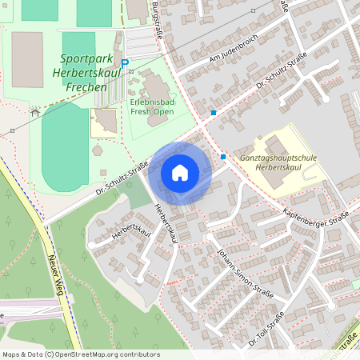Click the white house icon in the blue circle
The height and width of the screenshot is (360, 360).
click(180, 173)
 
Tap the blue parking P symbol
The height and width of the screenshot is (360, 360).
click(124, 63)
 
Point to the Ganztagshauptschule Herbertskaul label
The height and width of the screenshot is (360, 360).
click(278, 163)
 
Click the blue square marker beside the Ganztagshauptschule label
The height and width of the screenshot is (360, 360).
click(222, 157)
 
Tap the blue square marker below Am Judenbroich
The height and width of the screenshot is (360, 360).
click(214, 113)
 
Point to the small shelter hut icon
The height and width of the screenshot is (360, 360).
click(34, 113)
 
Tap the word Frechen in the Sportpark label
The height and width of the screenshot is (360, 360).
click(89, 86)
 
